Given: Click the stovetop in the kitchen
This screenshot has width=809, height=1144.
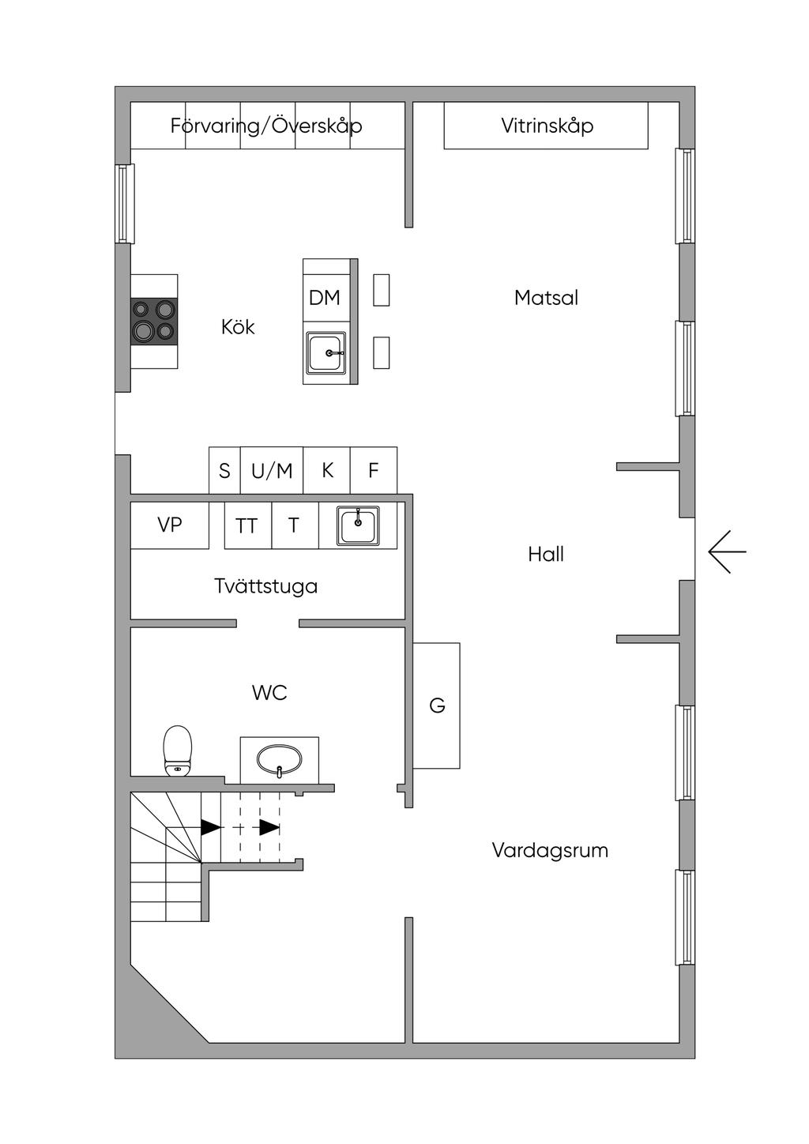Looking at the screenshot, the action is [x=154, y=321].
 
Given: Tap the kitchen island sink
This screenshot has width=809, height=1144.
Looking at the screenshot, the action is [x=325, y=352].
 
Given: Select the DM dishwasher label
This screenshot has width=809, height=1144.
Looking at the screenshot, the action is [x=325, y=297].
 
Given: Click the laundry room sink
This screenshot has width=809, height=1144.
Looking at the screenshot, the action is [x=358, y=525].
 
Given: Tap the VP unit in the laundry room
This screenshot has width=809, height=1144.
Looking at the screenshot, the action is [x=170, y=525].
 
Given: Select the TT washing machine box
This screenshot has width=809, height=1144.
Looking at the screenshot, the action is [x=248, y=525].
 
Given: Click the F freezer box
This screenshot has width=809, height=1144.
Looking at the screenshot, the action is [x=374, y=470].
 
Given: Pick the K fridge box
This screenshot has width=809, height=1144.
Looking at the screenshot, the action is [x=327, y=470].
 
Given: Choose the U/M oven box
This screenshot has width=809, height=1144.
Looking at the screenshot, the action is [x=272, y=470].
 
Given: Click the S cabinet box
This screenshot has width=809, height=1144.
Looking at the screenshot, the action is [x=224, y=470].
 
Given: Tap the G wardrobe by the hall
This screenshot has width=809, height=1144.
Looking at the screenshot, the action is [x=437, y=706].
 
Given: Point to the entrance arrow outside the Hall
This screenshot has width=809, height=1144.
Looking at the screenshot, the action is [x=728, y=551].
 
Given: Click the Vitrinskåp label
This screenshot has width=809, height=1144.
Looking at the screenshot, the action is [x=547, y=126].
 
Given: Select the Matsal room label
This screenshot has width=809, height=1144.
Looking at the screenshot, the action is [x=546, y=298].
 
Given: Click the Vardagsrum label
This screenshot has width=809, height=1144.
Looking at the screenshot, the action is [x=550, y=850].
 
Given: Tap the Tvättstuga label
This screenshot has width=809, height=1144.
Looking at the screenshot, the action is [x=265, y=585].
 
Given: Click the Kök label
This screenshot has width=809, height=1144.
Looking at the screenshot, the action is [x=238, y=327].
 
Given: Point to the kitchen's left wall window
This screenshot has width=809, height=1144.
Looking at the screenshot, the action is [x=124, y=203].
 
